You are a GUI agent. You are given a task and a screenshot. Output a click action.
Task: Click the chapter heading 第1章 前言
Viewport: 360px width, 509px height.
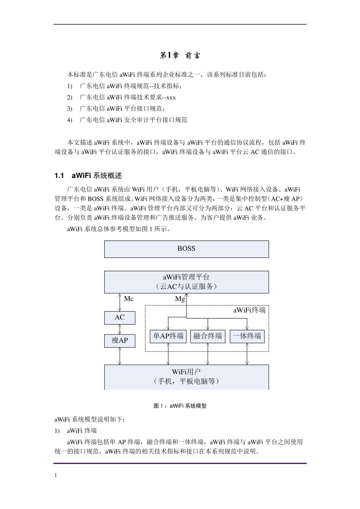coord(180,56)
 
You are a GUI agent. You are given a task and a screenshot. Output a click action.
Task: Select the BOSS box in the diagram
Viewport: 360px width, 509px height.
coord(186,249)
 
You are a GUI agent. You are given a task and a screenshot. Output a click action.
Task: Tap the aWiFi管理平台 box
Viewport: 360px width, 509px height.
coord(186,282)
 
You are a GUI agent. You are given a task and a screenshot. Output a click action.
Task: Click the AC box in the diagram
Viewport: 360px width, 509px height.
coord(119,317)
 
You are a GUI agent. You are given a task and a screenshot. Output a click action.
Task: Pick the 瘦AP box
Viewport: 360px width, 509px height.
coord(119,340)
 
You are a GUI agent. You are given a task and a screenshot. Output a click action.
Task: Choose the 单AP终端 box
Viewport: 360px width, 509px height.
coord(168,336)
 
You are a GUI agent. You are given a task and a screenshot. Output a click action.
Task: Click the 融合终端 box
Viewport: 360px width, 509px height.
coord(208,336)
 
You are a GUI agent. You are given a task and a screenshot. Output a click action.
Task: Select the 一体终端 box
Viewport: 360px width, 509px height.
coord(247,336)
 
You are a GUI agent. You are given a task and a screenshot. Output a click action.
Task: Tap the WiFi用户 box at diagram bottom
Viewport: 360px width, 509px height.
coord(186,377)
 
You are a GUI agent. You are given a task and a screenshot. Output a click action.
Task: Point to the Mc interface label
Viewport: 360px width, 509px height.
coord(129,299)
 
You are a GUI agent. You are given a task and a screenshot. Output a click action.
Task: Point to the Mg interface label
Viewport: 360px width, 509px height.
coord(180,299)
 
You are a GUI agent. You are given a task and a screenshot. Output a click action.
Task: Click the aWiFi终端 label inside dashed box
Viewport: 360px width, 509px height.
coord(249,310)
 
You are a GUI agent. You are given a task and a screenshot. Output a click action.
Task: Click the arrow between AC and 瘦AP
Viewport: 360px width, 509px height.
coord(120,329)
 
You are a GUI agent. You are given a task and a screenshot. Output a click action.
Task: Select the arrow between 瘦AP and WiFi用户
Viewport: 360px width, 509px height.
coord(120,356)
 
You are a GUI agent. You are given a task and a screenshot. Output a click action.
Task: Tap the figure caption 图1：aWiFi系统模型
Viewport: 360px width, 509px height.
coord(180,406)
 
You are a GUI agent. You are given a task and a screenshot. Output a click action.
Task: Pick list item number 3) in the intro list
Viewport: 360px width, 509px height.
coord(70,109)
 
